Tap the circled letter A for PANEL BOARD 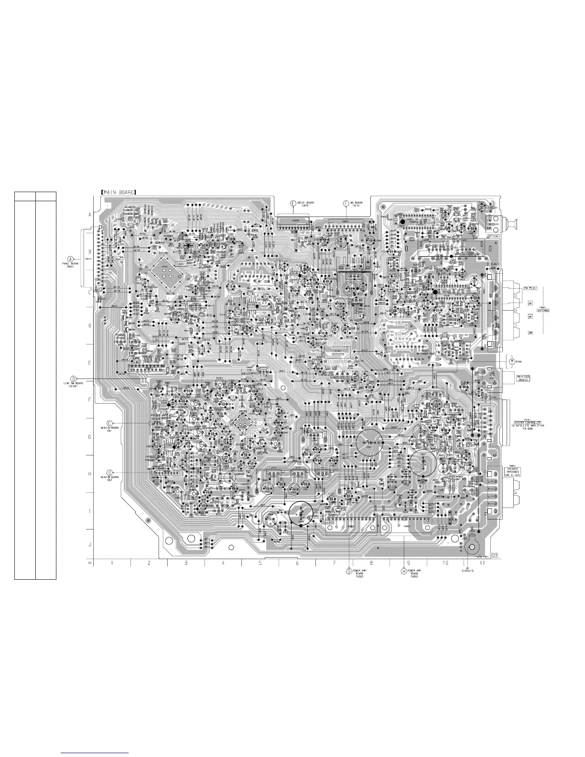tap(71, 255)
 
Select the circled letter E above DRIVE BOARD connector tap(293, 203)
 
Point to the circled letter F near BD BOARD tap(346, 203)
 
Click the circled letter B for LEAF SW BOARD tap(73, 378)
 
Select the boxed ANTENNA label tap(542, 310)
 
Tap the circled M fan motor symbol tap(511, 360)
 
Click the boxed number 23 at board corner tap(495, 555)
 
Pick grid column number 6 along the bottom tap(297, 563)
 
